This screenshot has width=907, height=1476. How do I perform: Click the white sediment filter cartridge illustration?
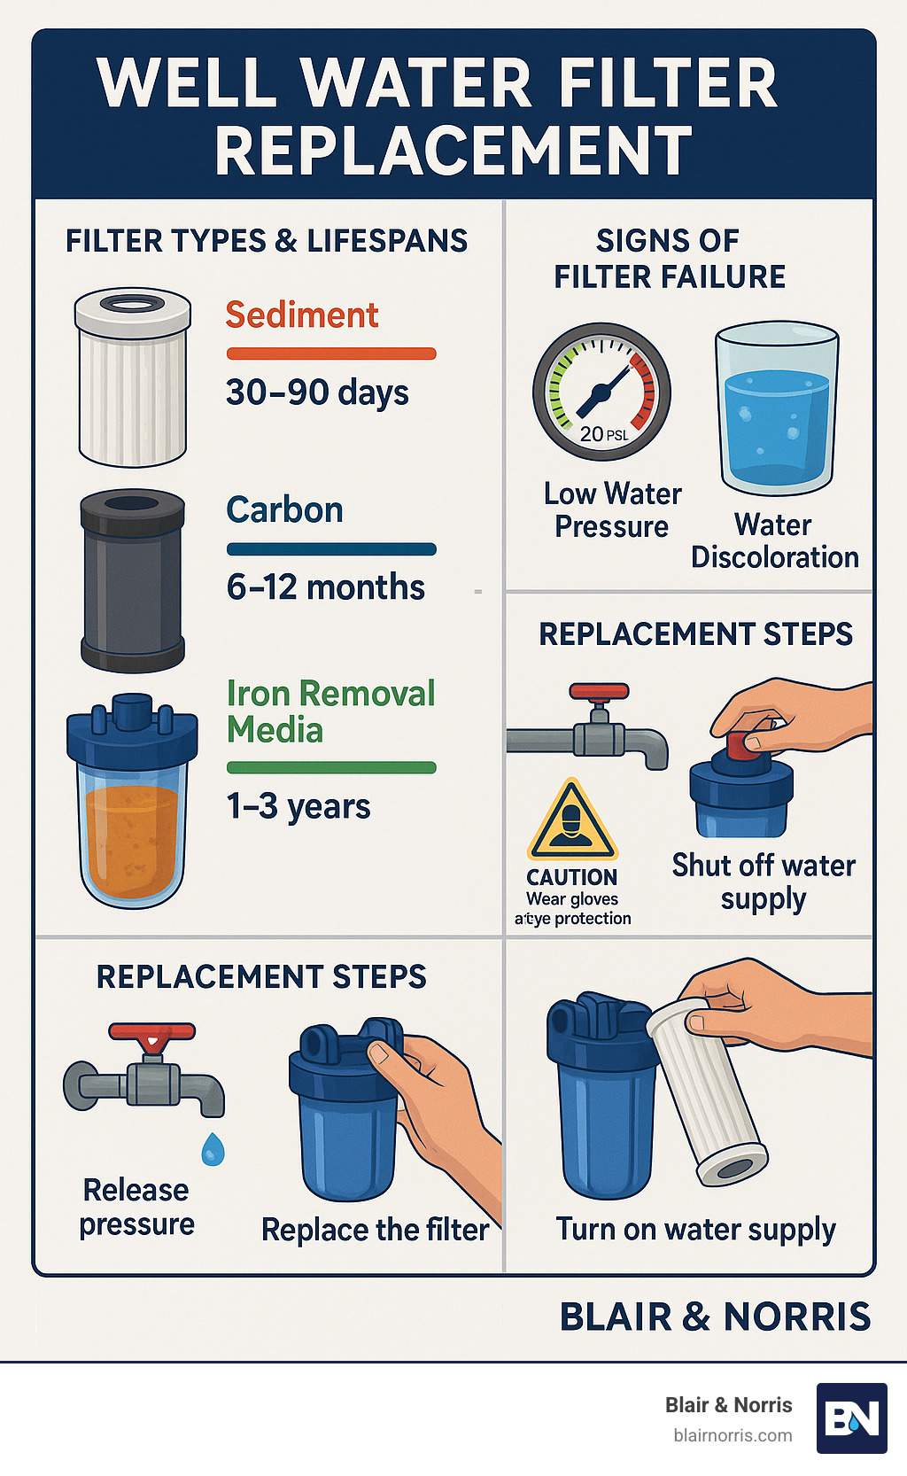pyautogui.click(x=133, y=377)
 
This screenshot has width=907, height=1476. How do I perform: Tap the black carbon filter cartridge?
pyautogui.click(x=133, y=580)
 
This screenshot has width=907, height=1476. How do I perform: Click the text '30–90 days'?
pyautogui.click(x=317, y=392)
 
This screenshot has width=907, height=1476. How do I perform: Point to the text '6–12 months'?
pyautogui.click(x=325, y=587)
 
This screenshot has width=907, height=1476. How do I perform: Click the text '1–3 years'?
pyautogui.click(x=298, y=807)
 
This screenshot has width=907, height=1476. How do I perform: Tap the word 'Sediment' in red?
pyautogui.click(x=302, y=315)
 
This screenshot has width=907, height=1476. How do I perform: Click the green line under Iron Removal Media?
pyautogui.click(x=331, y=767)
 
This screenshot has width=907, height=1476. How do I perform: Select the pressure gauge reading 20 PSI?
pyautogui.click(x=602, y=391)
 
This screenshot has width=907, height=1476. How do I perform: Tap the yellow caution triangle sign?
pyautogui.click(x=572, y=821)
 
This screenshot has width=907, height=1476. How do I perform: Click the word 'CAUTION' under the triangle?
pyautogui.click(x=572, y=877)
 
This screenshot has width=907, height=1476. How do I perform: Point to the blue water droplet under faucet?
pyautogui.click(x=213, y=1149)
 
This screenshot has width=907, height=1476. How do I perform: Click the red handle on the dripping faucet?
pyautogui.click(x=151, y=1032)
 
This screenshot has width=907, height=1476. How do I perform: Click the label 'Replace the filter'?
pyautogui.click(x=375, y=1230)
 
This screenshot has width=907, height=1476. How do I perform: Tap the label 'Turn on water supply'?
pyautogui.click(x=695, y=1230)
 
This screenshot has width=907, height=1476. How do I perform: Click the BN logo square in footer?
pyautogui.click(x=851, y=1418)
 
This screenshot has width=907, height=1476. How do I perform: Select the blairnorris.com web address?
pyautogui.click(x=733, y=1435)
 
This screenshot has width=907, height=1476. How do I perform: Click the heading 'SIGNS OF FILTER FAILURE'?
pyautogui.click(x=669, y=259)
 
